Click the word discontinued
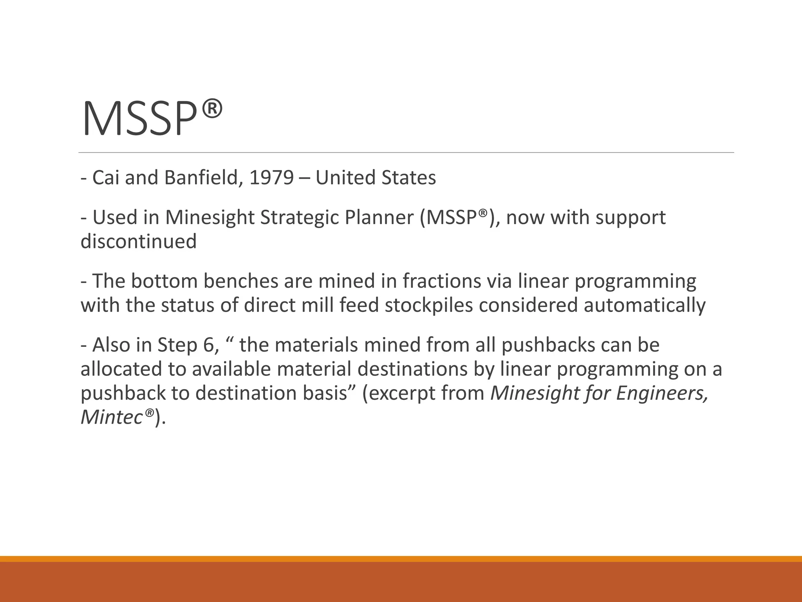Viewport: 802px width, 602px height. [x=138, y=241]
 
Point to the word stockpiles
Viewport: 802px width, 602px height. [x=429, y=305]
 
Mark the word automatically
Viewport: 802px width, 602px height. [x=645, y=305]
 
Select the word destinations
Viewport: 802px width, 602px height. [x=412, y=369]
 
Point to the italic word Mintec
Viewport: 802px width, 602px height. [x=111, y=417]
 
